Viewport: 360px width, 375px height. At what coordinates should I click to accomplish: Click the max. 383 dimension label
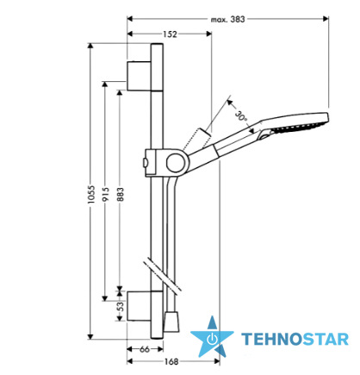pos(228,19)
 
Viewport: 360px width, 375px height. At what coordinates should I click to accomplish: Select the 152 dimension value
pos(170,34)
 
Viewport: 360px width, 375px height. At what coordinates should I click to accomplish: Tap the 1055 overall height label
pos(91,194)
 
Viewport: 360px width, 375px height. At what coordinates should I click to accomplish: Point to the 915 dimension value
pos(106,194)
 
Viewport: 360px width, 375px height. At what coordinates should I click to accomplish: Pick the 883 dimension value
pos(121,194)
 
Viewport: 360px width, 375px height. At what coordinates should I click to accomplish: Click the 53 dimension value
pos(121,306)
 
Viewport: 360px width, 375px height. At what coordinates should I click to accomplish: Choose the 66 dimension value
pos(145,349)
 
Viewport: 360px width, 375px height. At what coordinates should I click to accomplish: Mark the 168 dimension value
pos(171,361)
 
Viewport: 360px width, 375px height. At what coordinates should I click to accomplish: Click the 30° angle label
pos(241,116)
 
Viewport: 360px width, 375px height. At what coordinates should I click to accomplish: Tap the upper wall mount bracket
pos(139,76)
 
